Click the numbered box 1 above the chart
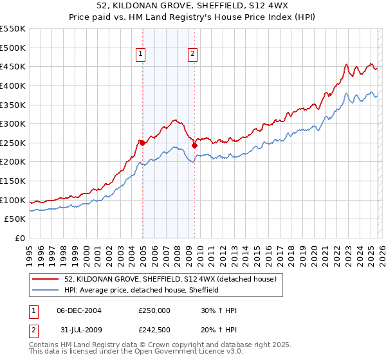tap(141, 55)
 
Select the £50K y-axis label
tap(15, 219)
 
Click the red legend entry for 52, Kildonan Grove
tap(170, 279)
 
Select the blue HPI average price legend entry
tap(142, 290)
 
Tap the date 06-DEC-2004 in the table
tap(78, 310)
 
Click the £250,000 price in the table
tap(154, 310)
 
